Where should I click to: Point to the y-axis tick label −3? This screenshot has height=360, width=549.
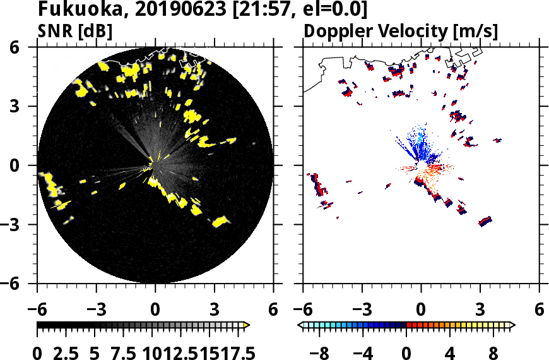click(20, 224)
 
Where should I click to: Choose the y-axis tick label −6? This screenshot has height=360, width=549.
click(20, 284)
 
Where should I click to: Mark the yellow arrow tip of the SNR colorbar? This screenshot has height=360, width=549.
click(247, 325)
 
